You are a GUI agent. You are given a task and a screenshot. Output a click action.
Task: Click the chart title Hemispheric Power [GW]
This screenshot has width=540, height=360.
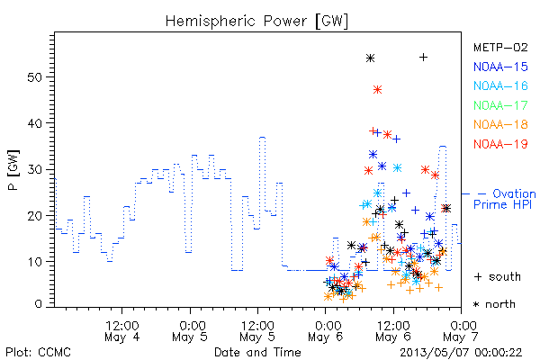(256, 22)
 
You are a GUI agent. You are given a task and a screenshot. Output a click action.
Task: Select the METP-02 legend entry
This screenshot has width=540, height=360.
(500, 48)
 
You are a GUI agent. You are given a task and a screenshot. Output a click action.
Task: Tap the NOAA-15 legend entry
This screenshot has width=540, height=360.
(500, 67)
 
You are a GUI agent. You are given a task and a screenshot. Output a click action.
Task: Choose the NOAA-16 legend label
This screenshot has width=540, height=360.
(500, 85)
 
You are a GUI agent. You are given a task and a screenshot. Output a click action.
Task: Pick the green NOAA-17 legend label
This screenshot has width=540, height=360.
(500, 105)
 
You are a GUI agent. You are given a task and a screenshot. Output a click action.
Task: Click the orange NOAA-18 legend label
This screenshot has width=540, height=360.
(500, 124)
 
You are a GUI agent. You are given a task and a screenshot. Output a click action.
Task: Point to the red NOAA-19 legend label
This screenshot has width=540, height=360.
(500, 144)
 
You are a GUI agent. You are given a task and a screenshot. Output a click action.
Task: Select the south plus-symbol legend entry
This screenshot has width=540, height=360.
(498, 276)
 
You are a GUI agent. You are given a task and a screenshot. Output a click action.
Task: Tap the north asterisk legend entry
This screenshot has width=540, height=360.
(494, 304)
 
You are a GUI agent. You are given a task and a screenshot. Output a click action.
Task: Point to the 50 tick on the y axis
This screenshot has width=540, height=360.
(34, 77)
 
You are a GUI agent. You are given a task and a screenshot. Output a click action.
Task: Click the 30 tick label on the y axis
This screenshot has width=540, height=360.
(34, 169)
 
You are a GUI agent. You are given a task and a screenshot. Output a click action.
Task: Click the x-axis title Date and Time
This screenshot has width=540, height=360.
(257, 353)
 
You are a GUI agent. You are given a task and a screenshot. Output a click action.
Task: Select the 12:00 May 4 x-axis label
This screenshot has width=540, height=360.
(122, 331)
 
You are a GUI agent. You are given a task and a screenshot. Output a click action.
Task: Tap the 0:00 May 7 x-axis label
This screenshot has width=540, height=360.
(461, 331)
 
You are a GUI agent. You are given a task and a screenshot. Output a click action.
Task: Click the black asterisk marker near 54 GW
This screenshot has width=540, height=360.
(370, 58)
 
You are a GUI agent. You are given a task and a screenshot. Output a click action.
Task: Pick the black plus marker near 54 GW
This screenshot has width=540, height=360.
(424, 58)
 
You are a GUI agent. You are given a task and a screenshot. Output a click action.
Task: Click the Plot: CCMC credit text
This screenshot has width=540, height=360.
(38, 353)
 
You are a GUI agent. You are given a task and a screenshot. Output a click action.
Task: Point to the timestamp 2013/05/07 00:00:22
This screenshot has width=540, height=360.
(461, 353)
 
